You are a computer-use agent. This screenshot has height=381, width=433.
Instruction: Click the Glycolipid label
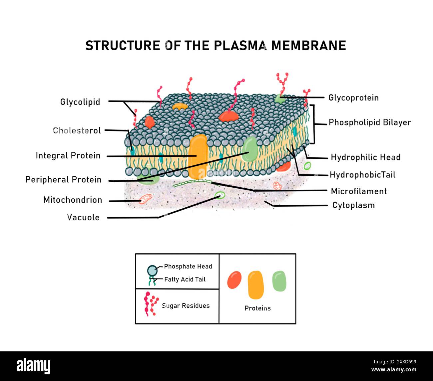[80, 102]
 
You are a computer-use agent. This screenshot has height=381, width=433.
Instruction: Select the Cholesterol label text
[77, 130]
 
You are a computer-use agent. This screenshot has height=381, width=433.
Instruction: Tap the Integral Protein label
[68, 156]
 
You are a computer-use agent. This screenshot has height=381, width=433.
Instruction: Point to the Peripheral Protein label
[63, 180]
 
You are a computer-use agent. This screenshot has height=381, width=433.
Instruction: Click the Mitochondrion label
[73, 200]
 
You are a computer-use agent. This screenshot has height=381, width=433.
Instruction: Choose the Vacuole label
[83, 218]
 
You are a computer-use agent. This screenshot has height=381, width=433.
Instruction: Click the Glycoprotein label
[353, 98]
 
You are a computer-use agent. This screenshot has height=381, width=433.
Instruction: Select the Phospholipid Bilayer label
[370, 122]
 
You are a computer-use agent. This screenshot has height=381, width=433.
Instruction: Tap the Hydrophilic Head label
[365, 157]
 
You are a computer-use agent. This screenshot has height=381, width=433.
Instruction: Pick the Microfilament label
[359, 191]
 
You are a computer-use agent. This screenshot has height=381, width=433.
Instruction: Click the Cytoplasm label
[353, 205]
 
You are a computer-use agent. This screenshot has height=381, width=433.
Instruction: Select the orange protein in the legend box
[256, 285]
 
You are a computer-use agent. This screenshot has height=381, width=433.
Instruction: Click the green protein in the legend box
[279, 281]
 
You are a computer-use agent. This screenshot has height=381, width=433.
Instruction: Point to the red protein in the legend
[234, 280]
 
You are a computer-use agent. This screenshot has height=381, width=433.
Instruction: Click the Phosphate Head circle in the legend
[152, 271]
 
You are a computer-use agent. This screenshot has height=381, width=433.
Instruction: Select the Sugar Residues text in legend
[186, 306]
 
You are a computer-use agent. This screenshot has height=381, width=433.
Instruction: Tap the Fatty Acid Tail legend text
[185, 280]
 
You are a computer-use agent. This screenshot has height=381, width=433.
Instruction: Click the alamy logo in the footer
[34, 366]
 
